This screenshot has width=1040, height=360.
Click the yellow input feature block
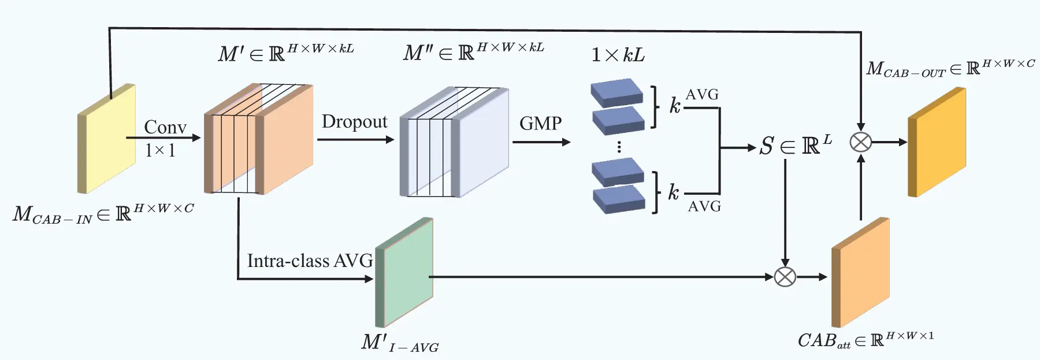coord(107,139)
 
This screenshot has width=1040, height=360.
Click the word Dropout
coord(354,122)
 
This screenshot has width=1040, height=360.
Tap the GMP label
coord(540,124)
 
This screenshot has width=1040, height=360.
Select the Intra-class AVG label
coord(310,261)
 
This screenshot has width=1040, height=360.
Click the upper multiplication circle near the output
coord(861,142)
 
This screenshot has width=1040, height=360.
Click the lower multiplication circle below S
coord(785,277)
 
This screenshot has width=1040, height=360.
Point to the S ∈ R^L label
coord(795,146)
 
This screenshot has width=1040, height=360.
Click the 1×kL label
coord(618,55)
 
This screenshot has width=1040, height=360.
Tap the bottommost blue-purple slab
coord(619,198)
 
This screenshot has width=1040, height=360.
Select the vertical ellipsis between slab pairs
coord(619,147)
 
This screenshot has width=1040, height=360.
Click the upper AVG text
coord(702,95)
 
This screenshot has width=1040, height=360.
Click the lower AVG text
coord(704,206)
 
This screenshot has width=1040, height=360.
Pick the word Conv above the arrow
coord(165,127)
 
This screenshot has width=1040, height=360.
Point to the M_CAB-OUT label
coord(950,68)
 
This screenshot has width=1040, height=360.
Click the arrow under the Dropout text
coord(355,139)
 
